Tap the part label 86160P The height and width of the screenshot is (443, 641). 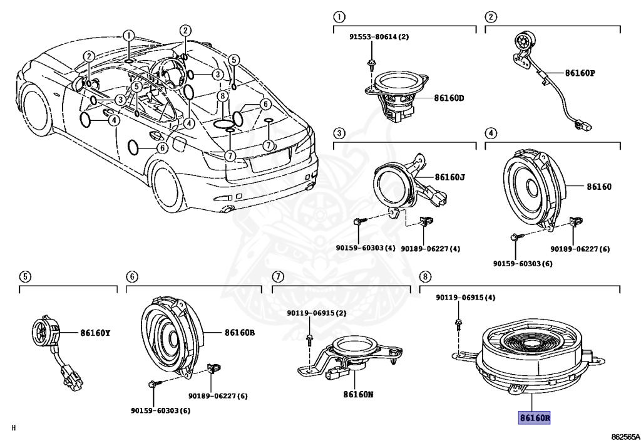580,73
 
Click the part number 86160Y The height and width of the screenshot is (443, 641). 95,333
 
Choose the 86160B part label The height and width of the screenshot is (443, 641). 240,333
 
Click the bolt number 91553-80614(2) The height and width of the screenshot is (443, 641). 379,37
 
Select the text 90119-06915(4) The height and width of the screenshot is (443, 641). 466,298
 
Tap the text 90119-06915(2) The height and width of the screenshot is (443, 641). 317,313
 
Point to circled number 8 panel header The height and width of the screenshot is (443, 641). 426,276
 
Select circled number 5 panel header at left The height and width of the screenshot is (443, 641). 24,276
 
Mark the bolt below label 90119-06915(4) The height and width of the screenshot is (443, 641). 458,323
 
